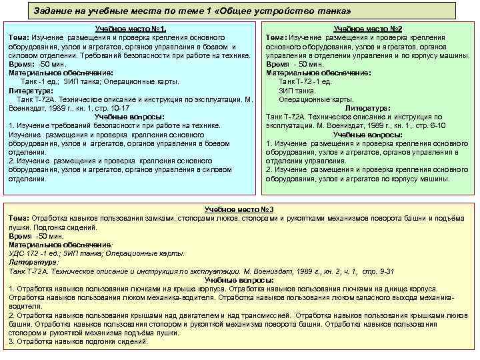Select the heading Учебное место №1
point(130,29)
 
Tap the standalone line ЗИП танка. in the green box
point(297,90)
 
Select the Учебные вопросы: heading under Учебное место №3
point(240,280)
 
